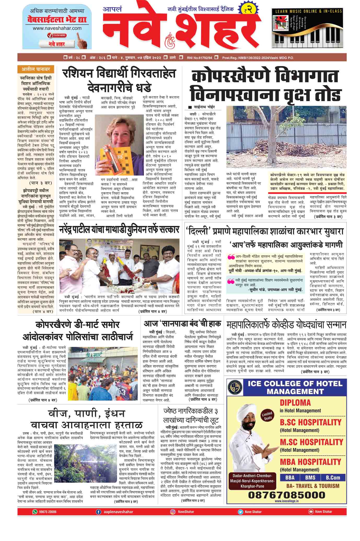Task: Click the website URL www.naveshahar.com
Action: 57,28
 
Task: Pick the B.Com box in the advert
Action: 333,478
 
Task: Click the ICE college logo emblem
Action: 236,387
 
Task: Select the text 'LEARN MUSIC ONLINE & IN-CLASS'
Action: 309,11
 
